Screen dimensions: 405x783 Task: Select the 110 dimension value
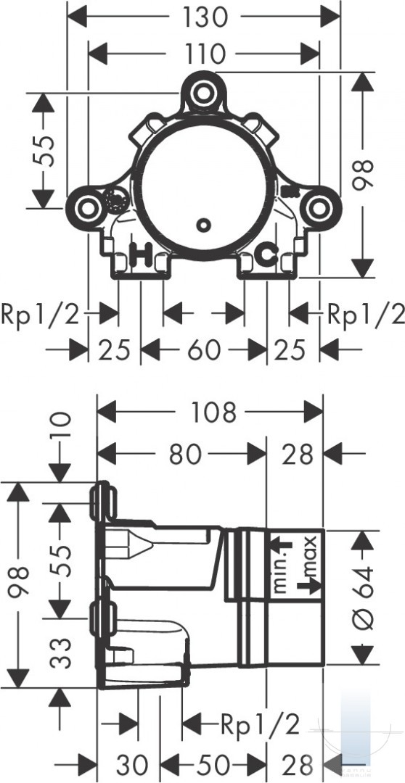point(205,54)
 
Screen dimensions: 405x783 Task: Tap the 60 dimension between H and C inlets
point(203,349)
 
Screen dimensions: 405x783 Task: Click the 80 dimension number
point(186,455)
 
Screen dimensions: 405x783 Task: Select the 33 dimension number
point(60,652)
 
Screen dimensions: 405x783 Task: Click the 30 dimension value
point(133,764)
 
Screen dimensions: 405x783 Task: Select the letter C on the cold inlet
point(266,255)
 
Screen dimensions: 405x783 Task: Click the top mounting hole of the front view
point(202,92)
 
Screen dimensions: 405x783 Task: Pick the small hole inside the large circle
point(203,225)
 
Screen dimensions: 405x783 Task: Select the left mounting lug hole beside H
point(88,208)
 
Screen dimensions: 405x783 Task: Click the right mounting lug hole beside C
point(318,208)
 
